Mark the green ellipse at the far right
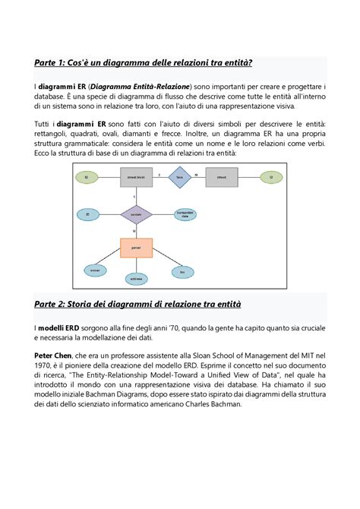click(270, 178)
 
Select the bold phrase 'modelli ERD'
click(61, 327)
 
